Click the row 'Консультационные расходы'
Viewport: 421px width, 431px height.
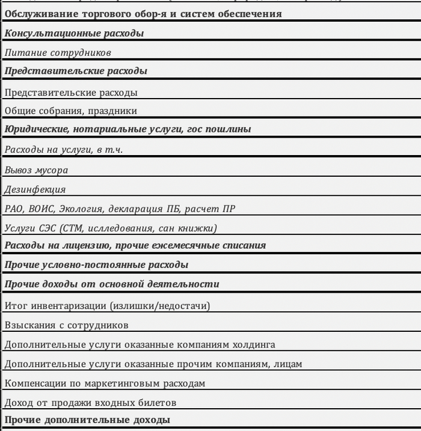point(74,34)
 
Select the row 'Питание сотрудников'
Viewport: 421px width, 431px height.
point(58,53)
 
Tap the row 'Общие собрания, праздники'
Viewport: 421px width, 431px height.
point(70,111)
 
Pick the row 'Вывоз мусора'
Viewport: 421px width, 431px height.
point(36,170)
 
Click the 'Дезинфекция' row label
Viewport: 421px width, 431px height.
point(35,189)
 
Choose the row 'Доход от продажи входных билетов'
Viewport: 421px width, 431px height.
point(90,402)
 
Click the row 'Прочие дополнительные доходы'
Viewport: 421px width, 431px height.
point(87,420)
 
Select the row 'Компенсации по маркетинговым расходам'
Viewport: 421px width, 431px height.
point(105,383)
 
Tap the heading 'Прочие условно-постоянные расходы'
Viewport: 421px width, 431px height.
point(96,264)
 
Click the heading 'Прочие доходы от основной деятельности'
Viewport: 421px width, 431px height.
point(112,284)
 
